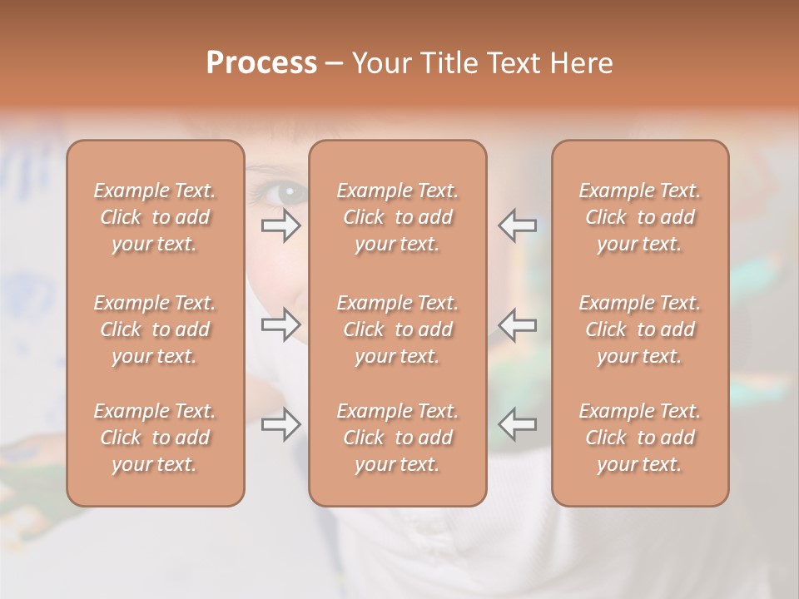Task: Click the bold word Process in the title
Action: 261,62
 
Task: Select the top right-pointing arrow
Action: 280,225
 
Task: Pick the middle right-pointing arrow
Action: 280,324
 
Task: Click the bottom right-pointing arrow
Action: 280,424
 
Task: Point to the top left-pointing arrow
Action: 518,225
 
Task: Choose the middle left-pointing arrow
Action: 518,324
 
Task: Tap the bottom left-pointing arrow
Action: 518,424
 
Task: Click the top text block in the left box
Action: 155,217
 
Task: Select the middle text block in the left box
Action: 155,329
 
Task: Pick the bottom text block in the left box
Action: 155,438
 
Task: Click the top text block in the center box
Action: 397,217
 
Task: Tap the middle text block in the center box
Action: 397,329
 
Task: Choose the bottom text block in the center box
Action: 397,438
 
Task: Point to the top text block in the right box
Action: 639,217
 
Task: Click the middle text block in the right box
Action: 639,329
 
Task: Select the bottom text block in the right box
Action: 639,438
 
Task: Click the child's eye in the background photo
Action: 285,193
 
